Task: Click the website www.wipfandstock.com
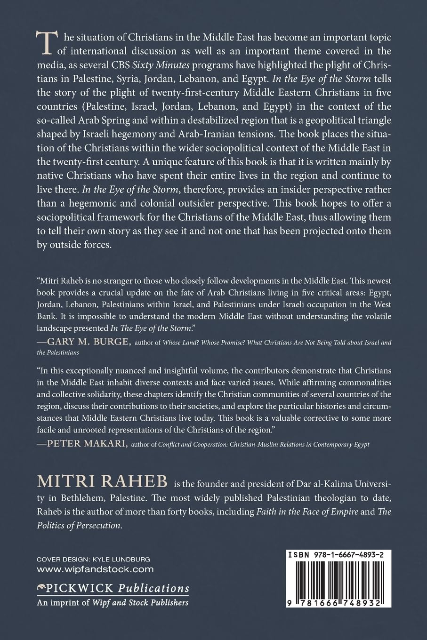coord(95,569)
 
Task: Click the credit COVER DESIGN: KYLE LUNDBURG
coord(93,559)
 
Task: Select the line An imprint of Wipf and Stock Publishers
coord(113,602)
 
